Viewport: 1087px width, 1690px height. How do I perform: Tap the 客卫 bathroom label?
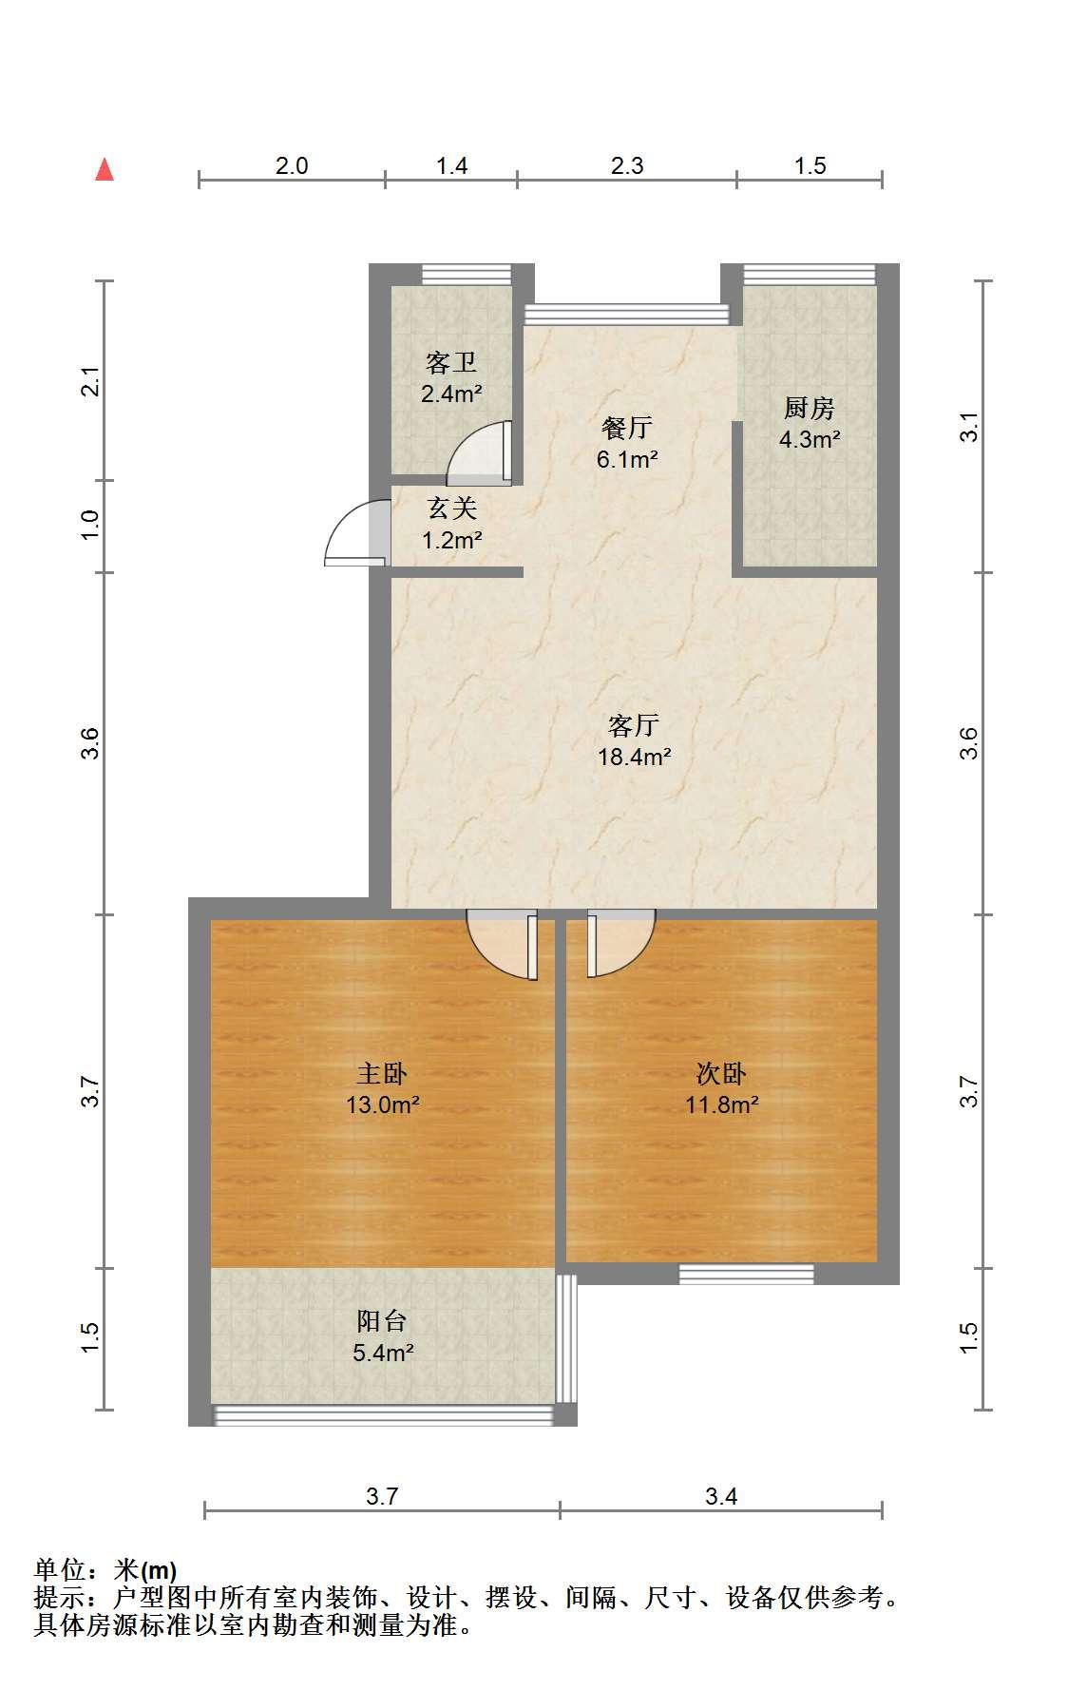(x=451, y=362)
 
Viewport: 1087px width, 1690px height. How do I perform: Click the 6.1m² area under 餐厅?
(x=627, y=459)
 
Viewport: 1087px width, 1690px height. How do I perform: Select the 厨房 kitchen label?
(x=810, y=408)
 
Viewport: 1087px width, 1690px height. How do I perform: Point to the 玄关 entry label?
(x=451, y=509)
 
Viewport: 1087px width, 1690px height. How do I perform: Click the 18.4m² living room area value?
(x=634, y=758)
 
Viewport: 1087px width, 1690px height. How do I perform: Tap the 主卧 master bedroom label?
(x=382, y=1074)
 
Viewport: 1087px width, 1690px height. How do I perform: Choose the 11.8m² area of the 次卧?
(x=722, y=1104)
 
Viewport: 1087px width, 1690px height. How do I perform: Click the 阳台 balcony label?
(x=382, y=1320)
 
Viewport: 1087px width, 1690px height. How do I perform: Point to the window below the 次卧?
(x=747, y=1274)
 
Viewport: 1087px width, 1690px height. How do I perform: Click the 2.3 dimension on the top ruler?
(x=627, y=166)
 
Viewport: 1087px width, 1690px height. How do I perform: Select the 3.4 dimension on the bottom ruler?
(x=721, y=1497)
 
